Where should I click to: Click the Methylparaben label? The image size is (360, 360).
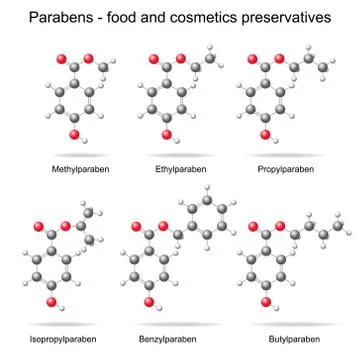click(x=79, y=171)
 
